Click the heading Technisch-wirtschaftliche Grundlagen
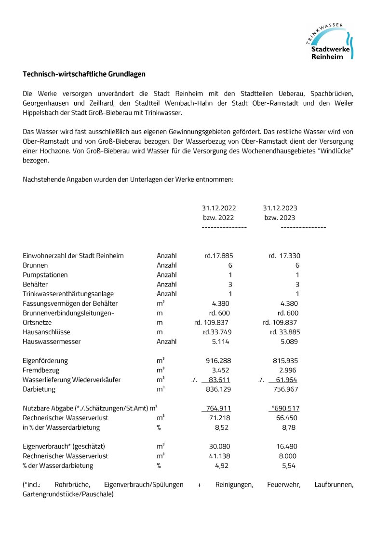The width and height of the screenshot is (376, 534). pyautogui.click(x=84, y=74)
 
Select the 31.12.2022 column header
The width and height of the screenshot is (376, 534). pyautogui.click(x=219, y=208)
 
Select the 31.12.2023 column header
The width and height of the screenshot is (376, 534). pyautogui.click(x=280, y=208)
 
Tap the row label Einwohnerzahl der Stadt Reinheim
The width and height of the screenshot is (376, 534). pyautogui.click(x=73, y=256)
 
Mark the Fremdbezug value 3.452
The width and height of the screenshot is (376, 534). pyautogui.click(x=220, y=370)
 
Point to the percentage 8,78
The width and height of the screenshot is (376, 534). pyautogui.click(x=289, y=427)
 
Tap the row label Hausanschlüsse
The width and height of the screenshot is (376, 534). pyautogui.click(x=46, y=332)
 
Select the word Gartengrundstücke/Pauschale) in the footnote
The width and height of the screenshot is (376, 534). pyautogui.click(x=68, y=494)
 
